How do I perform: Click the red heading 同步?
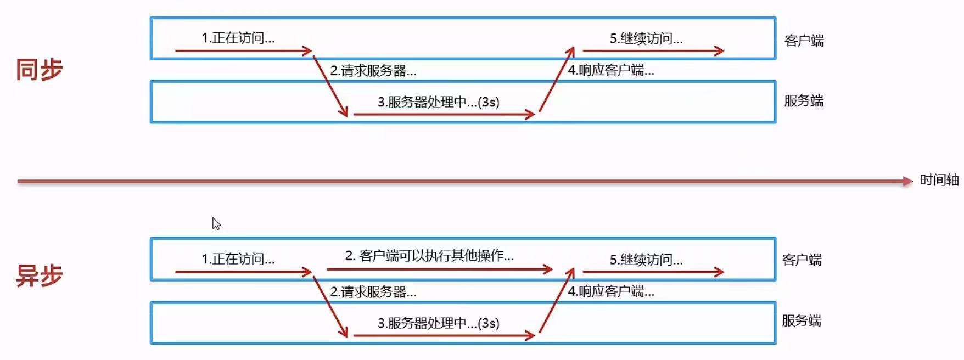40,70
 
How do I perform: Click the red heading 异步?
40,275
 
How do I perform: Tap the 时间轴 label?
939,180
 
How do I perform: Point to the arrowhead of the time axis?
907,181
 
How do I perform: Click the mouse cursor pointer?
216,223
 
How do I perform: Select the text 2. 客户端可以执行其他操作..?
429,256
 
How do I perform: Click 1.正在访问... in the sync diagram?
238,38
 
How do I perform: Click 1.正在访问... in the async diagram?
238,259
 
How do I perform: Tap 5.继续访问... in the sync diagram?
646,38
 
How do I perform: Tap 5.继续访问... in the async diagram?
646,260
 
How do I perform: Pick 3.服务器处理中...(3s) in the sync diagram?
438,102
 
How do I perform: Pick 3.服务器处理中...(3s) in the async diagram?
438,323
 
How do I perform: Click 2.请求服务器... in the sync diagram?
373,71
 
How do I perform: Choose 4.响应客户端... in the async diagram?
610,291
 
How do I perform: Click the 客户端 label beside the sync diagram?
804,41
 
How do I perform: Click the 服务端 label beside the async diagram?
802,320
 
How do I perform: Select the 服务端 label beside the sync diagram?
804,101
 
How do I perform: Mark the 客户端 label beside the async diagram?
802,260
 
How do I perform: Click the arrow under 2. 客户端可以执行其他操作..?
439,269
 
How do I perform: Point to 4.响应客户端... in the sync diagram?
610,70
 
